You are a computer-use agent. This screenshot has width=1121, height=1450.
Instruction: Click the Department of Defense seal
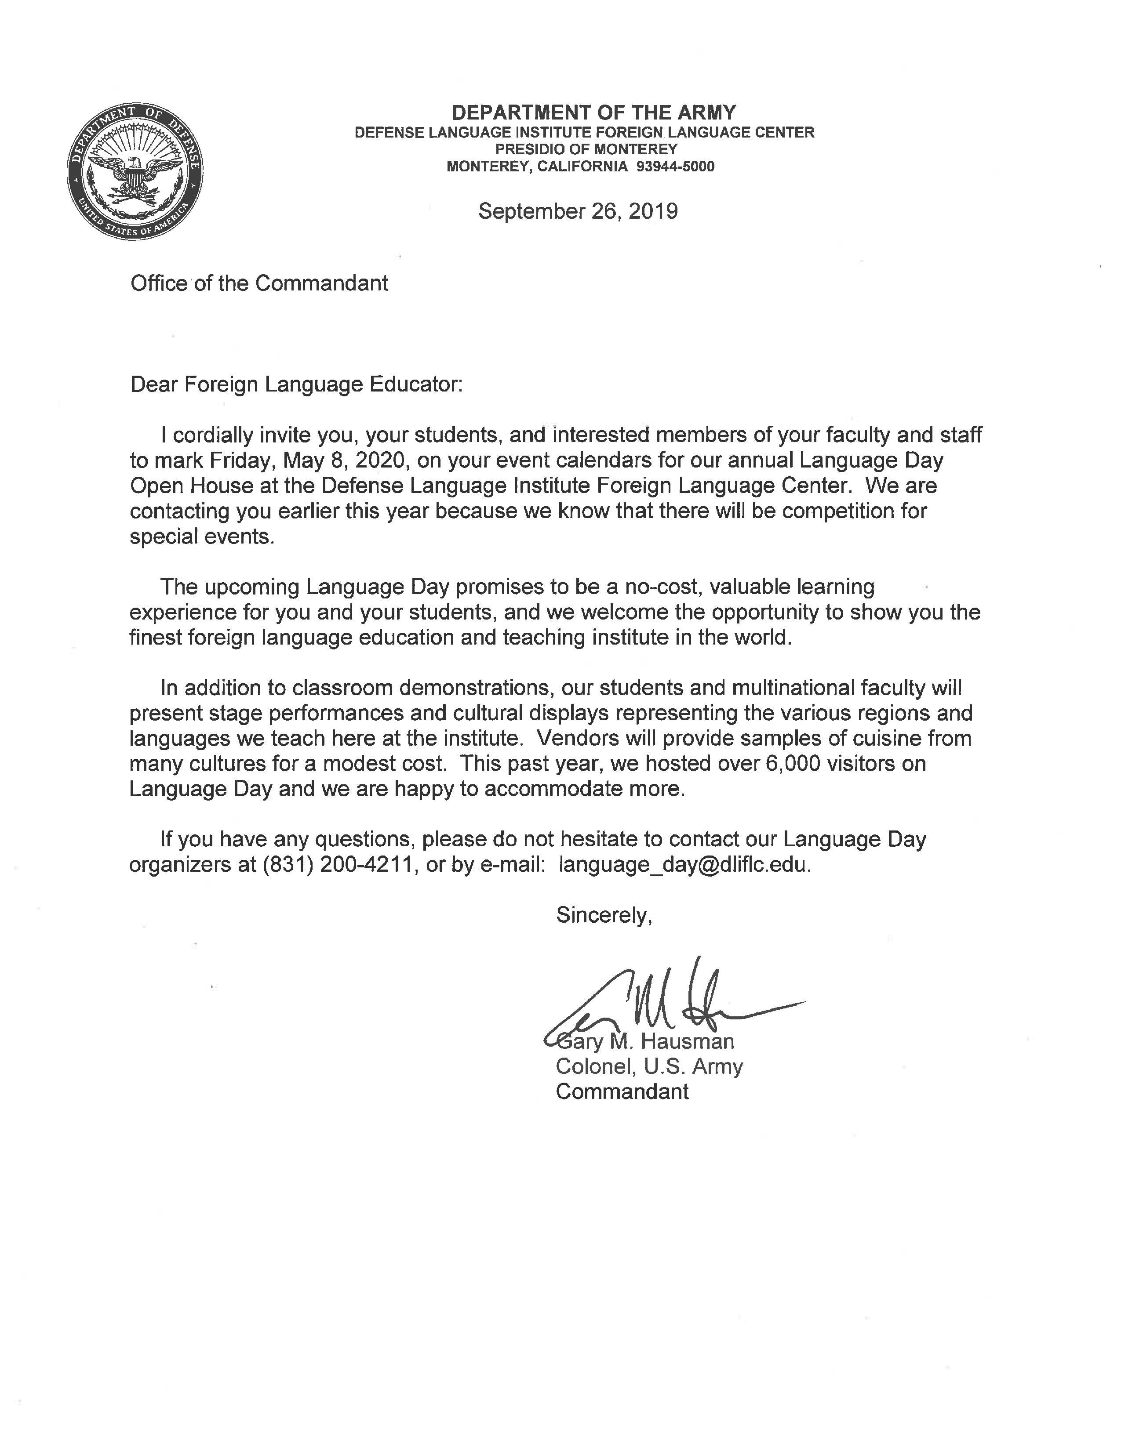pyautogui.click(x=135, y=171)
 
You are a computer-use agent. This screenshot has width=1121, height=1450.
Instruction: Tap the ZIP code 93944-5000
pyautogui.click(x=675, y=167)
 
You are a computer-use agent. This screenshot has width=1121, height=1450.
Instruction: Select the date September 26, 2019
pyautogui.click(x=578, y=211)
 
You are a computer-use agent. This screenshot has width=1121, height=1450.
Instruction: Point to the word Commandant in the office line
pyautogui.click(x=321, y=283)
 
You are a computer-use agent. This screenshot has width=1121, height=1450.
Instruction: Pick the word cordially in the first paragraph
pyautogui.click(x=213, y=435)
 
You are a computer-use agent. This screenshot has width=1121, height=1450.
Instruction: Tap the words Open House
pyautogui.click(x=191, y=486)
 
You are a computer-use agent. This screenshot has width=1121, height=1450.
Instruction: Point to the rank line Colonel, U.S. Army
pyautogui.click(x=649, y=1066)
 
